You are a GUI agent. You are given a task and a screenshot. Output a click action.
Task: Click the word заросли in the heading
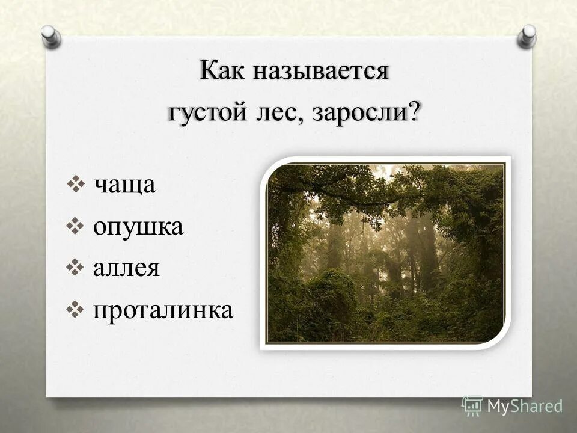358,112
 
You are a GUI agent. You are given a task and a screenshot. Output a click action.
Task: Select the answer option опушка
138,227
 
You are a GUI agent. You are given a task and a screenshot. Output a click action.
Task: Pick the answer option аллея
126,268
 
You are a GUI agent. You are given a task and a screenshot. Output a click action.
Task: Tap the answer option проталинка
162,310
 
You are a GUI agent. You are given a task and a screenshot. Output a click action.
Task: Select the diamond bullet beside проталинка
78,309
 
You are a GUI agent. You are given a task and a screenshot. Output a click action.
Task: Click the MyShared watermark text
524,406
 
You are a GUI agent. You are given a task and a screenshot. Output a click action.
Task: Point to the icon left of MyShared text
472,405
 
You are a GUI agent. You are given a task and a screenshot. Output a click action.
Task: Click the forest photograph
385,253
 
